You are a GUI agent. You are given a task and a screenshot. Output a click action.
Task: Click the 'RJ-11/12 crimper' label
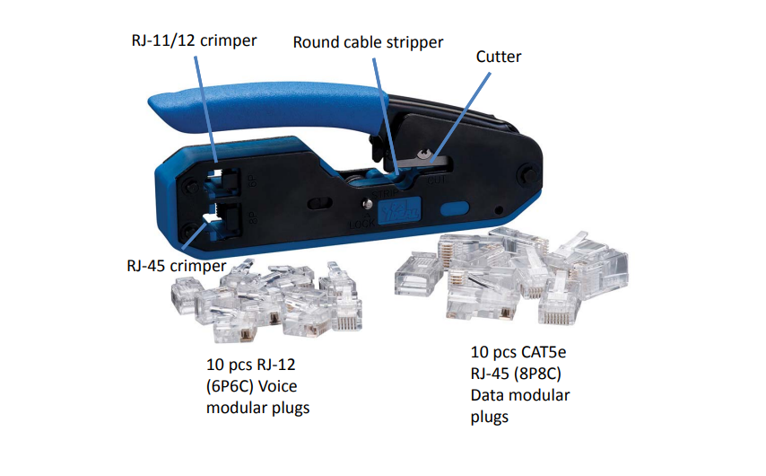[x=194, y=40]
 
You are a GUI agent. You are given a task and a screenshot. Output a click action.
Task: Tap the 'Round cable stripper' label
[x=368, y=42]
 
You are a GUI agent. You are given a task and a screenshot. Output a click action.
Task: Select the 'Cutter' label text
[x=499, y=57]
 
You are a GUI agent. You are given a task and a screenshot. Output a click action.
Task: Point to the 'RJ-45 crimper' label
[x=177, y=266]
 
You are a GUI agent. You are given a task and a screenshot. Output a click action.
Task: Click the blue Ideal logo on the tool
[x=399, y=210]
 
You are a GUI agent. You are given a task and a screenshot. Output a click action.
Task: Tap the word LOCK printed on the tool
[x=362, y=224]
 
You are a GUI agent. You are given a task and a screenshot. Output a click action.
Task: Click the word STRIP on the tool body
[x=385, y=194]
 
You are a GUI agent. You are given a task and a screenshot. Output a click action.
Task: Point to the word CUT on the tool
[x=436, y=180]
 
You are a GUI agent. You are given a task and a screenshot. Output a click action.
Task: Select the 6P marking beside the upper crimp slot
[x=252, y=181]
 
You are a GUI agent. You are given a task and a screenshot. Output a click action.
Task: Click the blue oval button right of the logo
[x=455, y=209]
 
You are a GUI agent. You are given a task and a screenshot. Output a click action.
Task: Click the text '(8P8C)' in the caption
[x=537, y=374]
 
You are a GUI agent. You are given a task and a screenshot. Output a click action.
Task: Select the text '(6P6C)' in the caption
[x=230, y=386]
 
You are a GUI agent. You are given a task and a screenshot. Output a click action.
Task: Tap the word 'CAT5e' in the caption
[x=543, y=352]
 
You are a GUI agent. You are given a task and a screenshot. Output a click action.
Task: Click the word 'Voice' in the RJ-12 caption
[x=277, y=386]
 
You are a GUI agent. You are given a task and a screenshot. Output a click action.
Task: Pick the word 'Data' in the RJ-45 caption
[x=486, y=395]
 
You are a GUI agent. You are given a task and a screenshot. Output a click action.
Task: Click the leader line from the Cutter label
[x=460, y=117]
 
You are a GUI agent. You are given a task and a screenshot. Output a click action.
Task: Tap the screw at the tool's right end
[x=528, y=173]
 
